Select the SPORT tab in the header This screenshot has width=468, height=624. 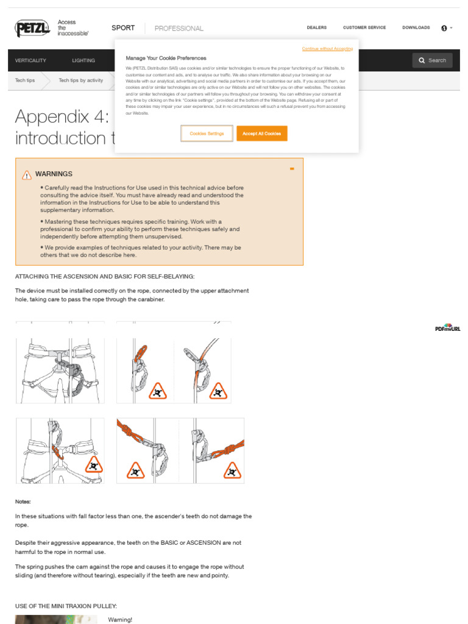pos(123,28)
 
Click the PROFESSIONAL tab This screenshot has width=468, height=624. pos(179,29)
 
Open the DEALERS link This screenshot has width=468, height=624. pos(316,27)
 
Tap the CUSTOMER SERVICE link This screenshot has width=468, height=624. pos(364,27)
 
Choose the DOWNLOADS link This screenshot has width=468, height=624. pos(416,27)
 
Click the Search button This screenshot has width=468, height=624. pos(433,60)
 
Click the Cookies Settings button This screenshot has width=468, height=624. pos(207,133)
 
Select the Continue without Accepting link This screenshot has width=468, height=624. pos(327,48)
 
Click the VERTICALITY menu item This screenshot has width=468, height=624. pos(30,61)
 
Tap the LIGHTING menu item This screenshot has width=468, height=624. pos(83,61)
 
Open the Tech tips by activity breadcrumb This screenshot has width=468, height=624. pos(81,80)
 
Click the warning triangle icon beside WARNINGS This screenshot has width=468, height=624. pos(27,175)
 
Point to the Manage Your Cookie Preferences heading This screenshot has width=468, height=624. pos(166,58)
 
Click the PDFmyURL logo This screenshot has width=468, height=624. pos(448,328)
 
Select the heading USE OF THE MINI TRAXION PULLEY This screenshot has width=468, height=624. pos(66,606)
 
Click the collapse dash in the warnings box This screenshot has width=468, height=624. pos(292,169)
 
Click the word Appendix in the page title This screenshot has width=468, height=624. pos(52,116)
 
